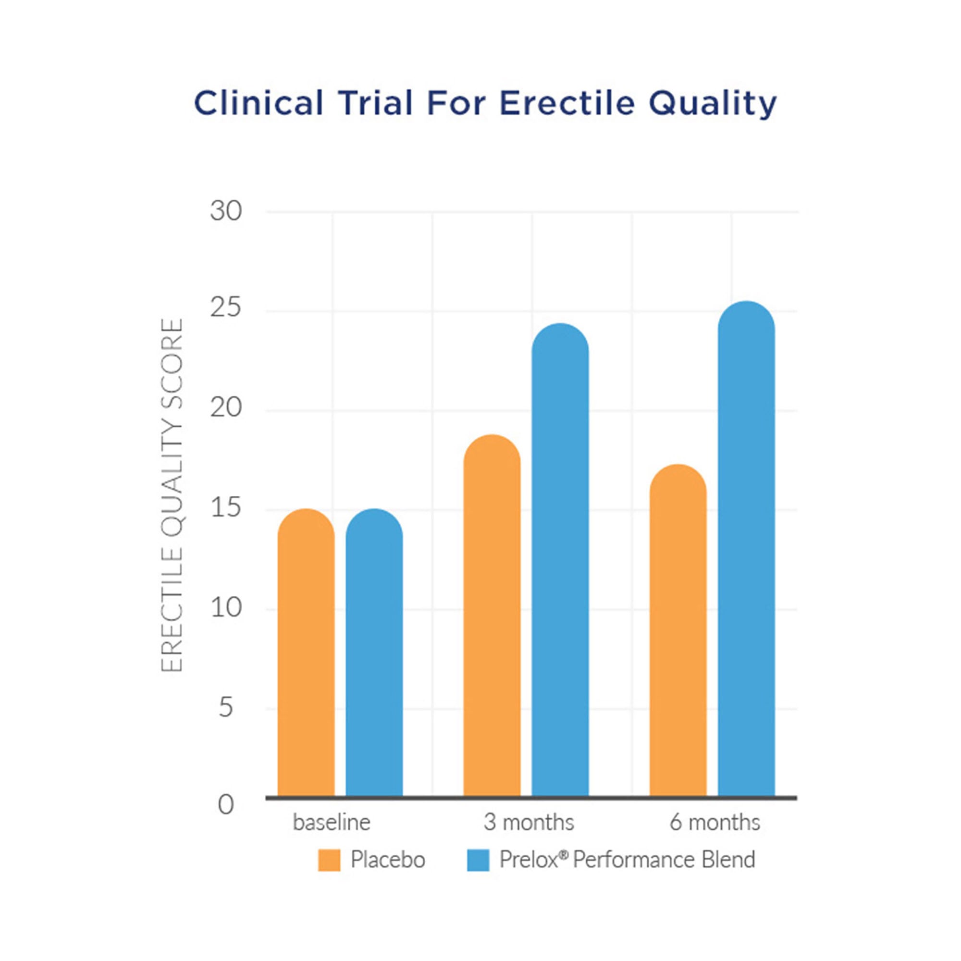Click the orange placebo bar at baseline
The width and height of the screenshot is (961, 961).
click(306, 652)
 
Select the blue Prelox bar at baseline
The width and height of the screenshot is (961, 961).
click(374, 652)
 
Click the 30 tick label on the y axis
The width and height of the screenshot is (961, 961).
click(226, 211)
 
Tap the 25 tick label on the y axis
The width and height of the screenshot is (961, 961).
click(226, 308)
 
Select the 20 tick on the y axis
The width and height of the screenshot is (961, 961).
click(226, 408)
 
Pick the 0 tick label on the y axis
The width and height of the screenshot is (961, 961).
click(226, 805)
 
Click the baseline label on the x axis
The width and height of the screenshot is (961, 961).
click(332, 823)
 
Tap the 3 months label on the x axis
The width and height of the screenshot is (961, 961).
click(529, 823)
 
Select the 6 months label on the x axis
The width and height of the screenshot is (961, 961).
click(715, 823)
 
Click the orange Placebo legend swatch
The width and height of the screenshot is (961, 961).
click(329, 860)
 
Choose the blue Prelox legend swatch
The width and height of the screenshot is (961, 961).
click(478, 860)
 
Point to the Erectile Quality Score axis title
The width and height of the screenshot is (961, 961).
click(172, 495)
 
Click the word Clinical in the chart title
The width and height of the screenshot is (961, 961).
click(259, 103)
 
